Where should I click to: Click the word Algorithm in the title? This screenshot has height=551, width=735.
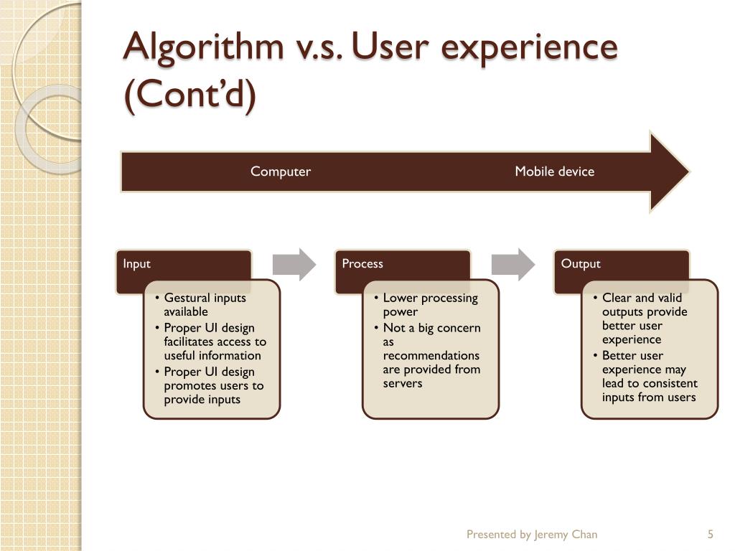pyautogui.click(x=205, y=48)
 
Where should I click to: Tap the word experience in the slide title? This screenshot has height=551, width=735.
pyautogui.click(x=530, y=48)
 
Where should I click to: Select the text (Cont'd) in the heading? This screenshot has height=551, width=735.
pyautogui.click(x=189, y=96)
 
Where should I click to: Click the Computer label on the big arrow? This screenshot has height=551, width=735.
pyautogui.click(x=280, y=171)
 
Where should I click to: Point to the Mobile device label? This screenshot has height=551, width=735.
pyautogui.click(x=554, y=171)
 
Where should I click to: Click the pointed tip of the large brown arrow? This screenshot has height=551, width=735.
pyautogui.click(x=685, y=171)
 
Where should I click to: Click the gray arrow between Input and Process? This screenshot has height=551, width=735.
pyautogui.click(x=294, y=264)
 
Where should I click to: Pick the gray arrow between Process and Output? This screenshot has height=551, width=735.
pyautogui.click(x=513, y=264)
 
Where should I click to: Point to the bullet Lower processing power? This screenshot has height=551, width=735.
pyautogui.click(x=429, y=304)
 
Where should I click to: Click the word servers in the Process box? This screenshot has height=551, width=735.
pyautogui.click(x=403, y=383)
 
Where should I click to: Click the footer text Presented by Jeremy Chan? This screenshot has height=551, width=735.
pyautogui.click(x=531, y=534)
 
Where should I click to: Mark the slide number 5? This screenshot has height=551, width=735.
pyautogui.click(x=710, y=534)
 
